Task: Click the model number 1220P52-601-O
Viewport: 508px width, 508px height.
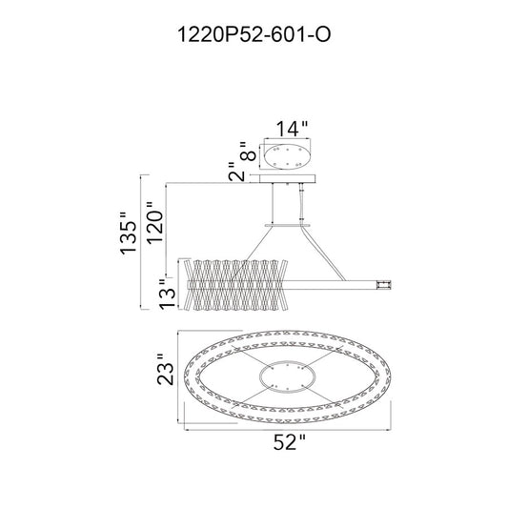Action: (254, 34)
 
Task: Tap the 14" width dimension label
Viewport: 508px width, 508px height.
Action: (292, 129)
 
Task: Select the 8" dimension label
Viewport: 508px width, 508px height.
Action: (248, 152)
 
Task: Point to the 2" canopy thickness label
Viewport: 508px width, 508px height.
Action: (235, 172)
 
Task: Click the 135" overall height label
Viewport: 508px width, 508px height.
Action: (128, 233)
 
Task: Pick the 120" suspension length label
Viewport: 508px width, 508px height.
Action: (154, 223)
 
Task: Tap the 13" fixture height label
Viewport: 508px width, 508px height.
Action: (167, 293)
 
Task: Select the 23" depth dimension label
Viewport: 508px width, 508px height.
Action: (165, 370)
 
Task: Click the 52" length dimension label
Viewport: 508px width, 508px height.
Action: (290, 442)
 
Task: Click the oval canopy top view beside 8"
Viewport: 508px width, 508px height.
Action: (288, 157)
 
